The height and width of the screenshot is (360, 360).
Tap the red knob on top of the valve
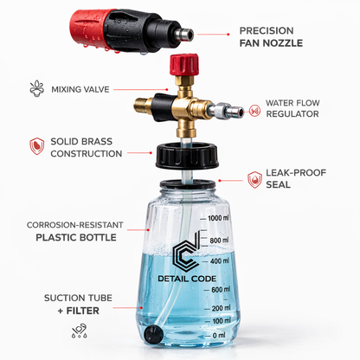click(184, 65)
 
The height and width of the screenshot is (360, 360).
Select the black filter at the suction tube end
click(153, 334)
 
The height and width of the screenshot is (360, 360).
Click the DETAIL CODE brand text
click(187, 279)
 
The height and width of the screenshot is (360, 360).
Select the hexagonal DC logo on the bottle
click(186, 251)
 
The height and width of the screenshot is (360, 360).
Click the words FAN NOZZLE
click(271, 43)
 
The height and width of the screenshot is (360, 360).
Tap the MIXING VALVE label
click(80, 89)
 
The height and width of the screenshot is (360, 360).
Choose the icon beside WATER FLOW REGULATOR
click(254, 111)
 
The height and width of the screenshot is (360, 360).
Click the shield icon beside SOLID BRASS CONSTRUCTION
click(37, 145)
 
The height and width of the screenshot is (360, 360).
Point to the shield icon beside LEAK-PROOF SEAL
click(254, 179)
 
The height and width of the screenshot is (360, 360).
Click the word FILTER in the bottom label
click(83, 311)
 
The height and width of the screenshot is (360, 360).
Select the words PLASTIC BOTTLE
click(76, 237)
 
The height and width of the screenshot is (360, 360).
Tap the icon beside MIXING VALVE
click(37, 88)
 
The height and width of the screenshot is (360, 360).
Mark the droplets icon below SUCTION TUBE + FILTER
click(80, 331)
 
